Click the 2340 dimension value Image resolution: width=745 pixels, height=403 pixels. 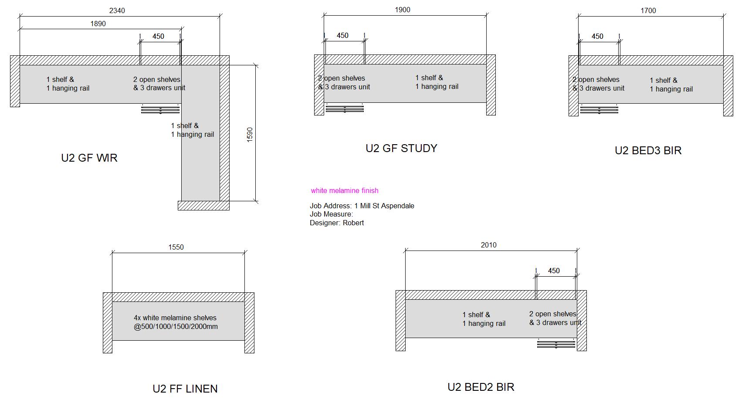click(x=117, y=10)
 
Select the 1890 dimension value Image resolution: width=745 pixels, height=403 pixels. click(x=98, y=24)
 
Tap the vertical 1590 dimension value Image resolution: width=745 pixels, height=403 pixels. click(x=250, y=134)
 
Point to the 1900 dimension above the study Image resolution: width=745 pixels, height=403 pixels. click(x=403, y=10)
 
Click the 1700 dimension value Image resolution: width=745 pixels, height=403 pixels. click(x=648, y=10)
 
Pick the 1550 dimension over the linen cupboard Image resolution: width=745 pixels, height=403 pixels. click(x=176, y=247)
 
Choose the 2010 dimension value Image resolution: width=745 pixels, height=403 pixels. click(x=488, y=245)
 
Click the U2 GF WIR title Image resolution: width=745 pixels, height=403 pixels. click(x=89, y=158)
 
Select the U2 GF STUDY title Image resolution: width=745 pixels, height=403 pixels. click(x=401, y=149)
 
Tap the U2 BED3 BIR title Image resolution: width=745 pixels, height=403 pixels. click(x=648, y=151)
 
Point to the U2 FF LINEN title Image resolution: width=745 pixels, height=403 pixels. click(x=185, y=389)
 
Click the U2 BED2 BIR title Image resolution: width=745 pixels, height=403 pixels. click(x=481, y=387)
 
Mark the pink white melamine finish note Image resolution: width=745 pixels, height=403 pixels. click(x=345, y=190)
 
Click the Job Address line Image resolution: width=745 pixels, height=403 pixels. click(x=362, y=206)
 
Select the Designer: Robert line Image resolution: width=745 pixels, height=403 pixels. click(x=337, y=223)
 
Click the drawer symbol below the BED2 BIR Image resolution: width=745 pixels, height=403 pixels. click(x=556, y=344)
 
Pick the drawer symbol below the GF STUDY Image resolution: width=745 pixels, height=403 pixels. click(x=344, y=108)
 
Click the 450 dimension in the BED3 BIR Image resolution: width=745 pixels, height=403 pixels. click(x=597, y=36)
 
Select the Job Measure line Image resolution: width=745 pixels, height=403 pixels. click(x=331, y=214)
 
